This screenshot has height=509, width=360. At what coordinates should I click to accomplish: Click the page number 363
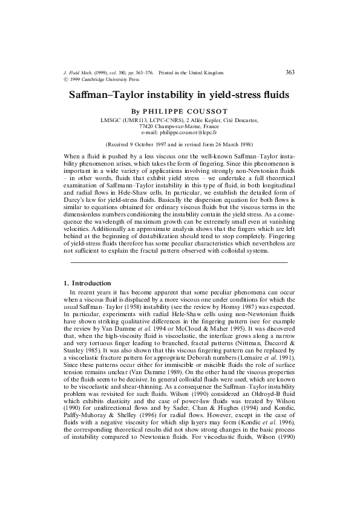(x=289, y=73)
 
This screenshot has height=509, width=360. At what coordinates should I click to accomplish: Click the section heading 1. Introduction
(x=87, y=283)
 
